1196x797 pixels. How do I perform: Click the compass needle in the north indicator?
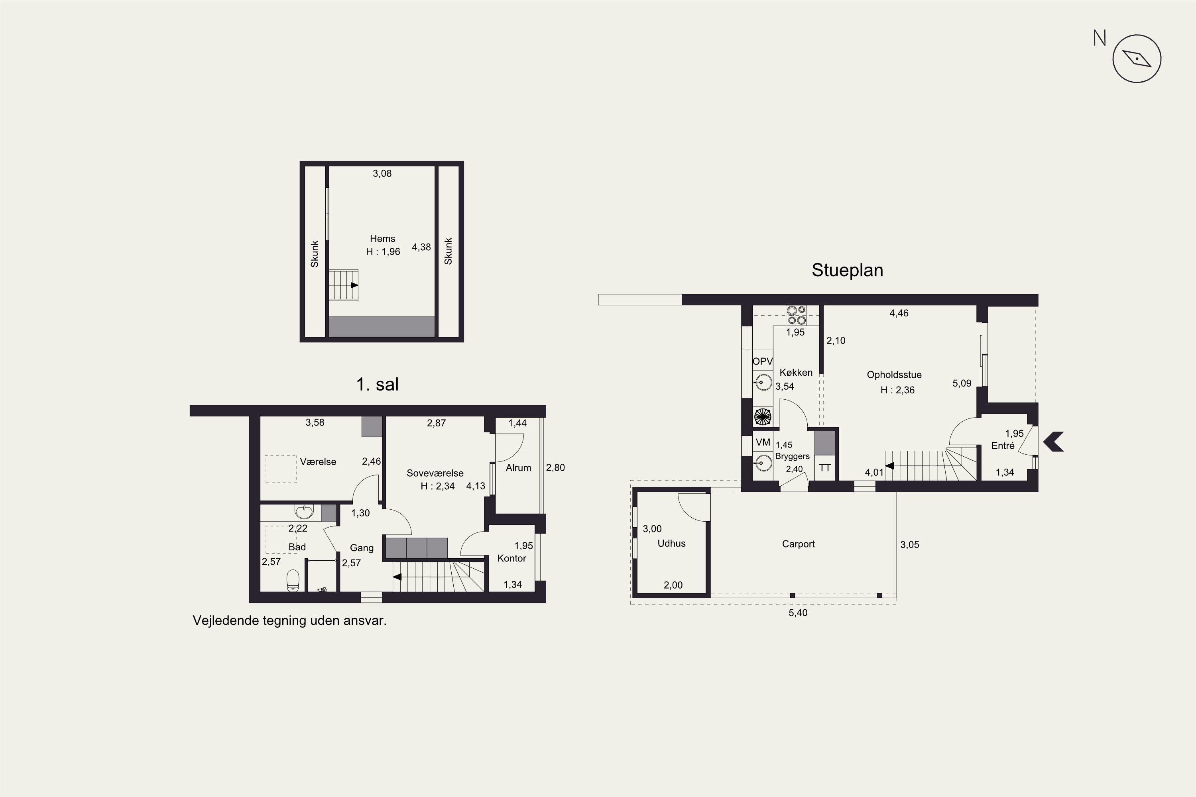click(x=1137, y=59)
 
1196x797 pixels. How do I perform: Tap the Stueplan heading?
click(x=847, y=270)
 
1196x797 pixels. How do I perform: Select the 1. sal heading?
click(x=377, y=384)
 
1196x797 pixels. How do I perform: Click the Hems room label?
click(x=382, y=238)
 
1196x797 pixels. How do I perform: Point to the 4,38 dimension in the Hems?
click(x=421, y=247)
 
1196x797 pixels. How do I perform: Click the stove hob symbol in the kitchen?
click(x=796, y=315)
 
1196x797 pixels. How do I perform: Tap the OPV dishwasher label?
click(x=762, y=361)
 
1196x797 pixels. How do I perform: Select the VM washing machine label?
click(x=763, y=442)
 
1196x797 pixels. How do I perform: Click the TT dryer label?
click(x=825, y=467)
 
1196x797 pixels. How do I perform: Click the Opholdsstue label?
click(x=894, y=375)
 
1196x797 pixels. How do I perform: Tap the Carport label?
click(x=798, y=544)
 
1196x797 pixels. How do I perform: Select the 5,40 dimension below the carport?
click(x=798, y=612)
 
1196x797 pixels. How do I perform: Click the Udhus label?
click(x=671, y=544)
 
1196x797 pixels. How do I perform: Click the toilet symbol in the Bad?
click(x=293, y=581)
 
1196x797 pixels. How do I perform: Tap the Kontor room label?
click(x=511, y=558)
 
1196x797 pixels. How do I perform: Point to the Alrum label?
click(x=518, y=467)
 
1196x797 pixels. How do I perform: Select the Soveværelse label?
click(x=435, y=473)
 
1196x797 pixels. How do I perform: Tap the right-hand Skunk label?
click(x=448, y=251)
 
